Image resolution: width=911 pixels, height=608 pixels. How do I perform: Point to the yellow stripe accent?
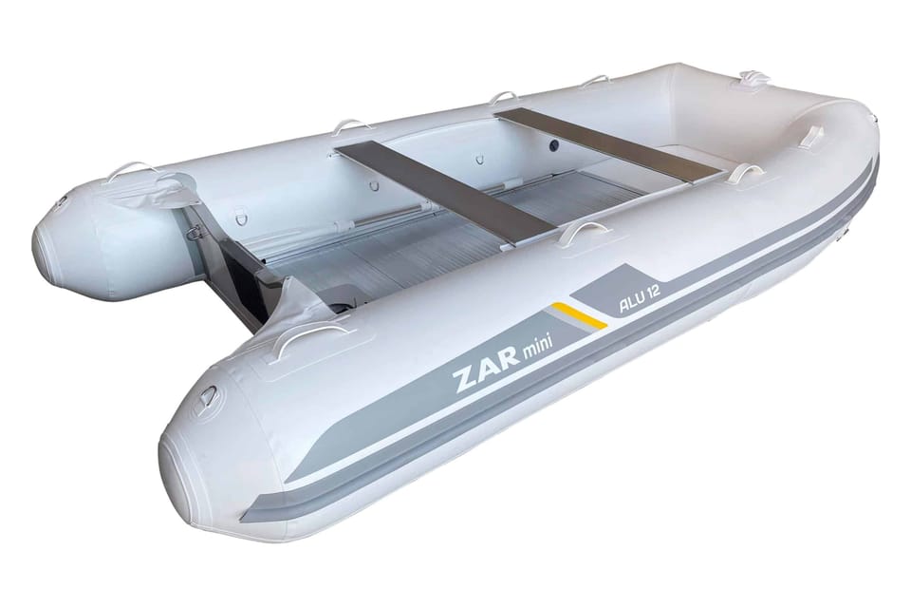pos(579,315)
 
